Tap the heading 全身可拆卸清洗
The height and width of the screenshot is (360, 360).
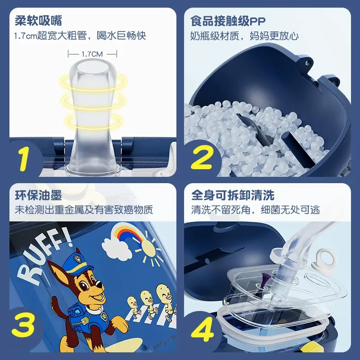pyautogui.click(x=233, y=195)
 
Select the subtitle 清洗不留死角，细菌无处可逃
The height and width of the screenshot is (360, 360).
pyautogui.click(x=255, y=210)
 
